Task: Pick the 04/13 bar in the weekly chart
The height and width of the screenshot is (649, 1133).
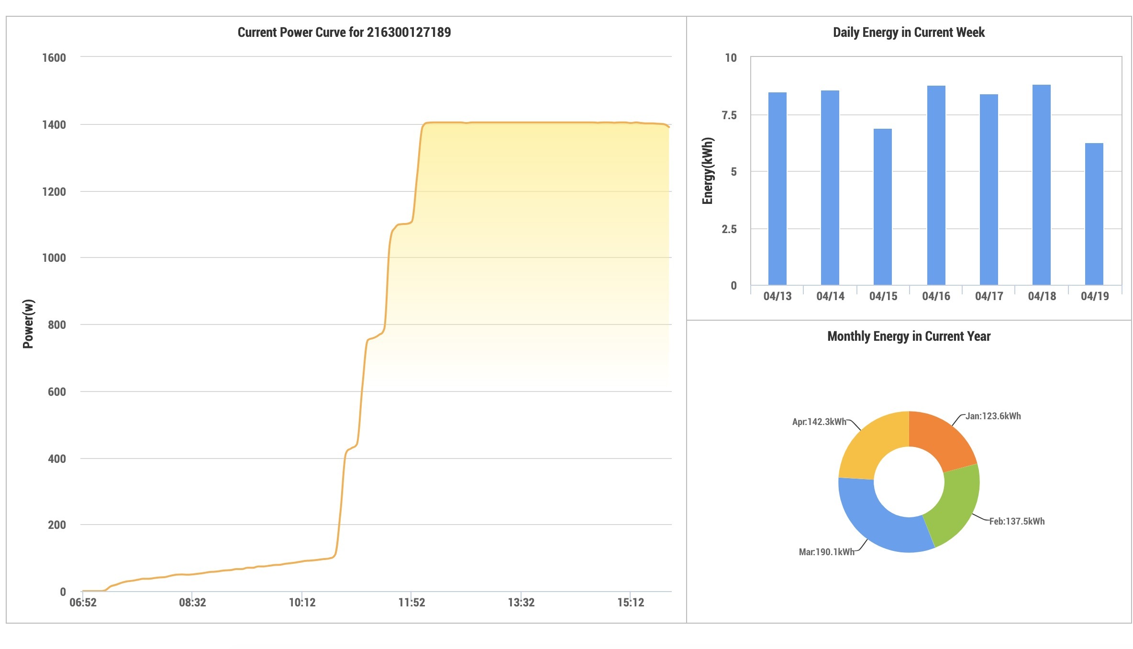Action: coord(778,189)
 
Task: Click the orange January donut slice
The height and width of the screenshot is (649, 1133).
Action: coord(940,438)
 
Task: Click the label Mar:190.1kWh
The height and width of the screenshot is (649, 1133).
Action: coord(826,552)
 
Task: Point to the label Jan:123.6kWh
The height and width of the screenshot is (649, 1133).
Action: coord(993,416)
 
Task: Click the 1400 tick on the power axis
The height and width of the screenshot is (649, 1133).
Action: coord(54,125)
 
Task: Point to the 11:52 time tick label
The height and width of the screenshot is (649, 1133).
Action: coord(411,603)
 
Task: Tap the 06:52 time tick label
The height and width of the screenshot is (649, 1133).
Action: coord(83,603)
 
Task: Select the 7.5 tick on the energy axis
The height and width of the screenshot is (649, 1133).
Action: coord(729,115)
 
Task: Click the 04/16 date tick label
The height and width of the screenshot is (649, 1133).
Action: coord(936,296)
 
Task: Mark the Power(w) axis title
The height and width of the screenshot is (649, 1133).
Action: coord(28,324)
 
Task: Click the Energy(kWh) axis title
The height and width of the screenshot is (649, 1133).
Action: coord(708,171)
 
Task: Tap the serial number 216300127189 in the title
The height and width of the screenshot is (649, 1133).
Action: coord(409,33)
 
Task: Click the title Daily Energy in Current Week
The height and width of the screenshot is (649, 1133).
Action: coord(909,33)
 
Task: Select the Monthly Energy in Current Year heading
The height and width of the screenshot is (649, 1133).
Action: coord(909,336)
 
